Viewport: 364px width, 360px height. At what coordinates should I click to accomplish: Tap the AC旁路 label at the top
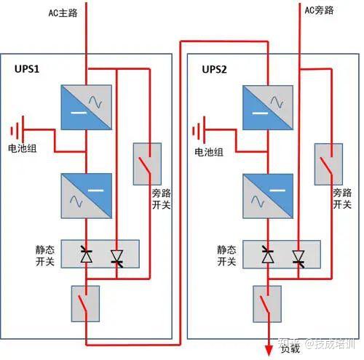pyautogui.click(x=320, y=10)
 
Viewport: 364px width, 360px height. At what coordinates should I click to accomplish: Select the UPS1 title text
pyautogui.click(x=28, y=69)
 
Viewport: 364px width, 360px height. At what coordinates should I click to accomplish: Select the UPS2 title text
pyautogui.click(x=215, y=69)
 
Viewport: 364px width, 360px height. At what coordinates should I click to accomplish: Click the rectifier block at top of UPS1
pyautogui.click(x=86, y=108)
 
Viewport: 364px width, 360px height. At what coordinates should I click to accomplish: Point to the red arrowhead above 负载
pyautogui.click(x=268, y=351)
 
